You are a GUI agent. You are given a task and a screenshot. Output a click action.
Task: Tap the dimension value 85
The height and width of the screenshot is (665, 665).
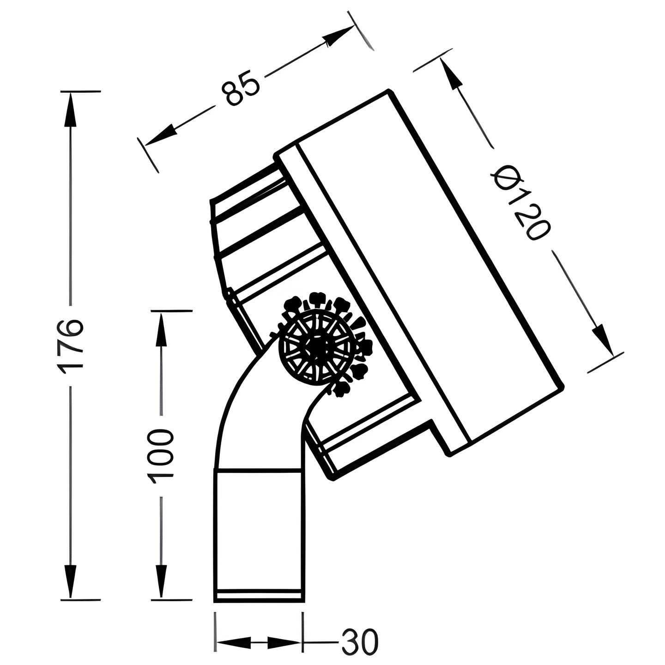coord(240,88)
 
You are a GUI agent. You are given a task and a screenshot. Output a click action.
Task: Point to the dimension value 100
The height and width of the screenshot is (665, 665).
coord(161,454)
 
